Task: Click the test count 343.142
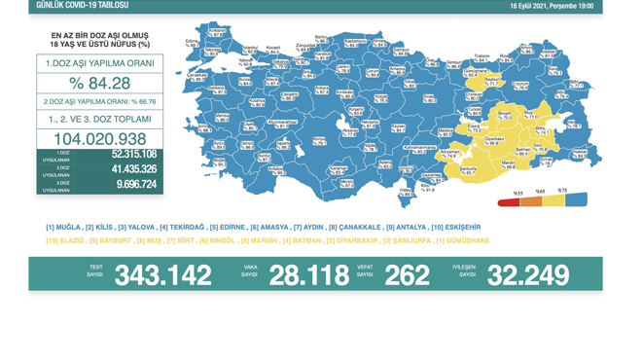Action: [162, 275]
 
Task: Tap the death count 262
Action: [407, 275]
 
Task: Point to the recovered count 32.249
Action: [528, 275]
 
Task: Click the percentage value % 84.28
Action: [99, 83]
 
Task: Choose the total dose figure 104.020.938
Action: [100, 139]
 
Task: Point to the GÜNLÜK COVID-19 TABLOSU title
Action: [82, 6]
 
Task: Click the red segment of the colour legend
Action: [508, 202]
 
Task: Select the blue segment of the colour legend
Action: [576, 200]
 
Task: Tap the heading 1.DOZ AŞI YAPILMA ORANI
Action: [99, 62]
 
